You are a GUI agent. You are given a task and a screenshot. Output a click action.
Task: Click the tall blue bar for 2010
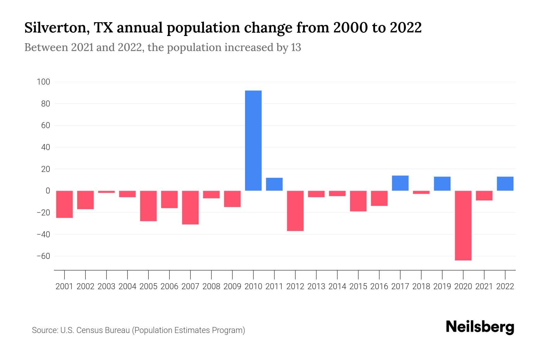[x=253, y=140]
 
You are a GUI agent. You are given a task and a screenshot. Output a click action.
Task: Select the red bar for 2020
[x=463, y=225]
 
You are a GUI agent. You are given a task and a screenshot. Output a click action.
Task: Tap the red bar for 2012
[x=295, y=211]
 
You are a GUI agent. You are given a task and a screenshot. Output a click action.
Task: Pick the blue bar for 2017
[x=400, y=183]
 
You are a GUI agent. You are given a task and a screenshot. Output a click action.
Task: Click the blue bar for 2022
[x=505, y=184]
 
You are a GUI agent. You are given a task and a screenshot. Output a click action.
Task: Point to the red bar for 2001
[x=64, y=204]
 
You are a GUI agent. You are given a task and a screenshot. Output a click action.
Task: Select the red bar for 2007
[x=190, y=207]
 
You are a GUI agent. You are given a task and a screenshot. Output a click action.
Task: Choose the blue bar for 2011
[x=274, y=184]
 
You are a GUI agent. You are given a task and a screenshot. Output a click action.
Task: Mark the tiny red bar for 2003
[x=106, y=192]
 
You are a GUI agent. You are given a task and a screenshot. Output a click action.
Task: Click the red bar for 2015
[x=358, y=201]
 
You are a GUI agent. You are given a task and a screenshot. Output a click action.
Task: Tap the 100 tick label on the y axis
[x=43, y=82]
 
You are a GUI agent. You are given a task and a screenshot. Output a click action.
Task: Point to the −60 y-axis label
[x=43, y=256]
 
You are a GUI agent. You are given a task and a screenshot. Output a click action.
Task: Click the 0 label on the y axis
[x=48, y=191]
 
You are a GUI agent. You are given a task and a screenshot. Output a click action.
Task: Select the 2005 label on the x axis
[x=148, y=286]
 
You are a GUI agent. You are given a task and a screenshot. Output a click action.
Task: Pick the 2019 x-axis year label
[x=442, y=286]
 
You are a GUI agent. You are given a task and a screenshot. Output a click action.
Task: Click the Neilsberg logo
[x=480, y=327]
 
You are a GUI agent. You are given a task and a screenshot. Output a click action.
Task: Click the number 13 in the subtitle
[x=295, y=48]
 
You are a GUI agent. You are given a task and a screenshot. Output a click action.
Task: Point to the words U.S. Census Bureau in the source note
[x=95, y=330]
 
